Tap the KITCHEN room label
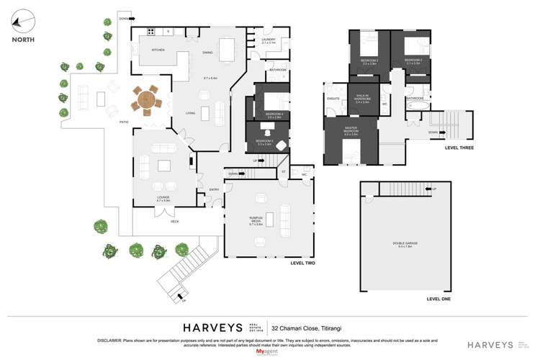158,50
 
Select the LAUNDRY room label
269,40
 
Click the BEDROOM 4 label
274,114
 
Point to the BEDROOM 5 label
264,142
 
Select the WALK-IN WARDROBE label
362,100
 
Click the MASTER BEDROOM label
351,132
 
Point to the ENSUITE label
333,98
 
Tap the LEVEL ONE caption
438,298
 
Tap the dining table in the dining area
227,50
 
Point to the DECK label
175,222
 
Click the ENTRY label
214,189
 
